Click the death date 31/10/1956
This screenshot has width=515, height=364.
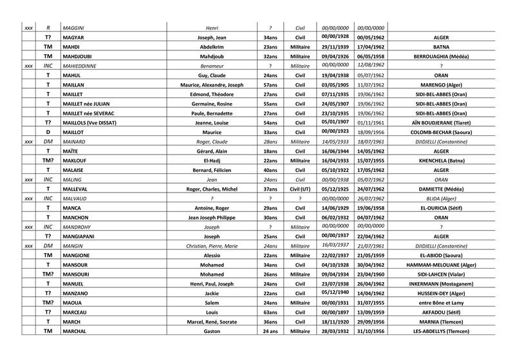370,331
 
